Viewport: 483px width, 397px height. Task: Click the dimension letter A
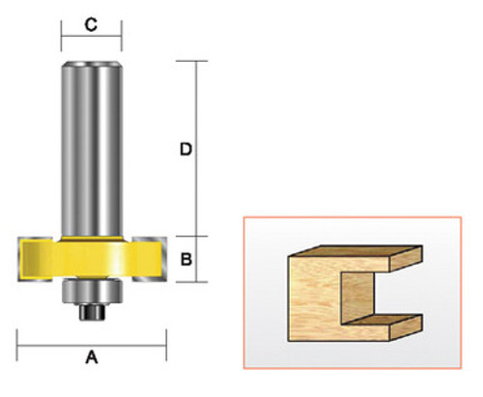(93, 357)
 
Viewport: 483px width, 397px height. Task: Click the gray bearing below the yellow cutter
(93, 291)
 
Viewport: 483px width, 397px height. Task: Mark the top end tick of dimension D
(196, 62)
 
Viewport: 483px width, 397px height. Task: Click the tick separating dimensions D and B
(196, 237)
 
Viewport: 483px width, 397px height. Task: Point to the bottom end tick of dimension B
(196, 282)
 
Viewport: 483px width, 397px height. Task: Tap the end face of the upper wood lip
(412, 258)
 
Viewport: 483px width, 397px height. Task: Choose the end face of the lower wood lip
(411, 325)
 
